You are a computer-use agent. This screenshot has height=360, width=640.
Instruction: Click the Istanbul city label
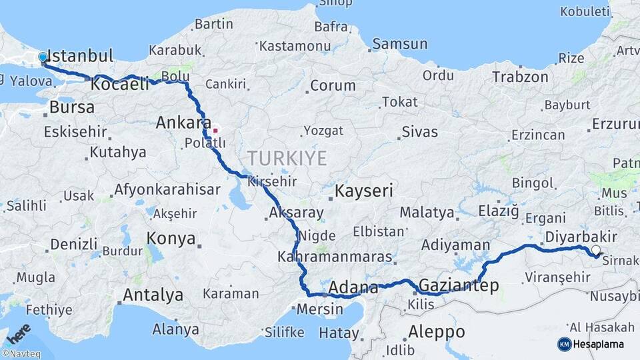[81, 55]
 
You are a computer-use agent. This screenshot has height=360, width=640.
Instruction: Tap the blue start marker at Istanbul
[43, 58]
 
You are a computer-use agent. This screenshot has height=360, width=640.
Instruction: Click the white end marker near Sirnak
[595, 251]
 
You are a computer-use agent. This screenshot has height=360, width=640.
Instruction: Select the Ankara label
[179, 123]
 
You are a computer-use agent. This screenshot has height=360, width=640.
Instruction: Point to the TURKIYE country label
[287, 159]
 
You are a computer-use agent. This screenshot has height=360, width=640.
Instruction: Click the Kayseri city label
[364, 191]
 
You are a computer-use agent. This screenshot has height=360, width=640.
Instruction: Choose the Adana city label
[353, 289]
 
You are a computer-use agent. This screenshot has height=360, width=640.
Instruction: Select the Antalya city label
[153, 295]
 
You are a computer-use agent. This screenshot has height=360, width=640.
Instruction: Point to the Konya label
[171, 239]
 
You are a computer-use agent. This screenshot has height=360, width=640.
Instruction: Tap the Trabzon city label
[520, 77]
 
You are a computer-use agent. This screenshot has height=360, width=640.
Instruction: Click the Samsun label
[400, 44]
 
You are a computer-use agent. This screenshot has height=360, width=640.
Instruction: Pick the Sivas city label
[420, 131]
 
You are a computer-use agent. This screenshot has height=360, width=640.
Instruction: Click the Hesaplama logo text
[600, 344]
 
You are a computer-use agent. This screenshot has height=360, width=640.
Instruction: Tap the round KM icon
[564, 344]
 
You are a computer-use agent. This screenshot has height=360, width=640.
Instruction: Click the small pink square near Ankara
[215, 130]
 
